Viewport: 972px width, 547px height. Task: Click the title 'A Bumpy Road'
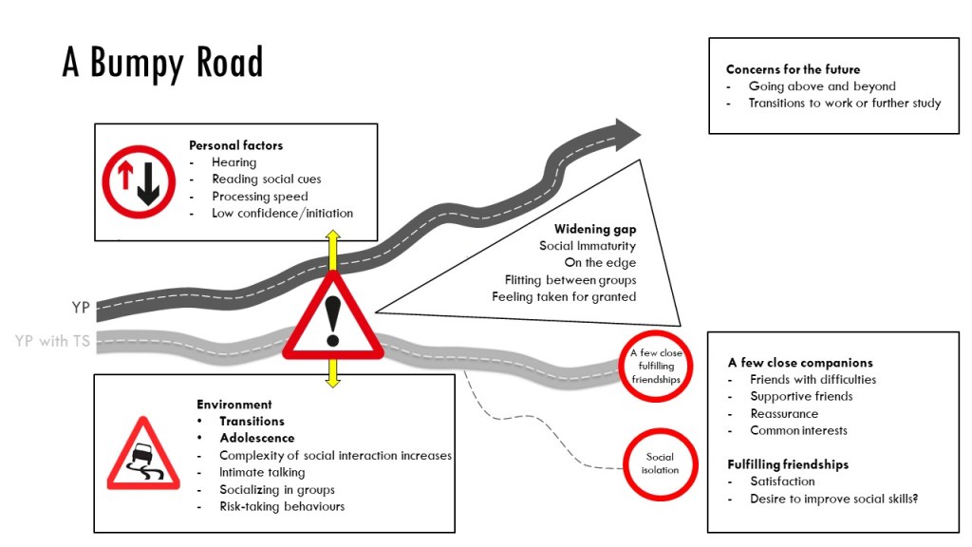(162, 63)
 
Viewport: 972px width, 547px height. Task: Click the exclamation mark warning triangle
(332, 317)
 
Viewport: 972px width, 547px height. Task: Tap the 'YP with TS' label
(52, 341)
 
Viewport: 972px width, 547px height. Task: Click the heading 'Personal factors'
(235, 145)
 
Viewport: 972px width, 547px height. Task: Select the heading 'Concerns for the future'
(793, 69)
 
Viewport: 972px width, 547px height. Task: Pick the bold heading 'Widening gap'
(595, 230)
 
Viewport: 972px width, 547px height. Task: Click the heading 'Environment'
(234, 405)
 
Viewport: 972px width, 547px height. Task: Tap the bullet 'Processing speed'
(259, 197)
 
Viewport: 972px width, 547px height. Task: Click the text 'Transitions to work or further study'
(844, 103)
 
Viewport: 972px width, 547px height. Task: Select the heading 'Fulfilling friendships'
(788, 464)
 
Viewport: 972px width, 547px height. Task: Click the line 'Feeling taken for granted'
(564, 297)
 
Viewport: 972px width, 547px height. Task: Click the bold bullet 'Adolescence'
(252, 438)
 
